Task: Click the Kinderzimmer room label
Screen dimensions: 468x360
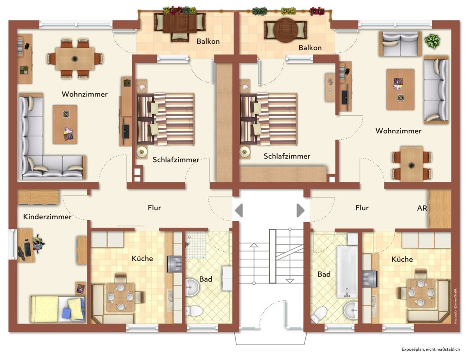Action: [47, 217]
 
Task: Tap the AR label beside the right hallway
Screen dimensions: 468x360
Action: [422, 208]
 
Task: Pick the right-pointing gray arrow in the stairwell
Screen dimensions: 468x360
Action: [301, 210]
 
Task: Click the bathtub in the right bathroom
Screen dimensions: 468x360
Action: [347, 272]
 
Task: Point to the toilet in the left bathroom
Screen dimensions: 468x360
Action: [194, 311]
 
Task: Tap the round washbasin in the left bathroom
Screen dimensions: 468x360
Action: [192, 287]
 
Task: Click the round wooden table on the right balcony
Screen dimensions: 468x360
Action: [285, 30]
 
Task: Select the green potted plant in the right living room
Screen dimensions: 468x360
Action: [432, 41]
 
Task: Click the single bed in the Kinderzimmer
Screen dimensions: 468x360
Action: [58, 309]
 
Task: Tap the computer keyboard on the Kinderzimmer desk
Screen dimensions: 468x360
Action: [27, 249]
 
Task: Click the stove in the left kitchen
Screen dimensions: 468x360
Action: [174, 264]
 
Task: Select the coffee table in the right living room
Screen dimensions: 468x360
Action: [401, 90]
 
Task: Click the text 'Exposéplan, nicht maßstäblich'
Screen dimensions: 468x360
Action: [431, 349]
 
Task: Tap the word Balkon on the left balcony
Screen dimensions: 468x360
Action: [208, 41]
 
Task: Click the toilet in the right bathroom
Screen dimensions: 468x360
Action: [318, 315]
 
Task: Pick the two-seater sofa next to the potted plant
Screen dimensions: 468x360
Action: [400, 44]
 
